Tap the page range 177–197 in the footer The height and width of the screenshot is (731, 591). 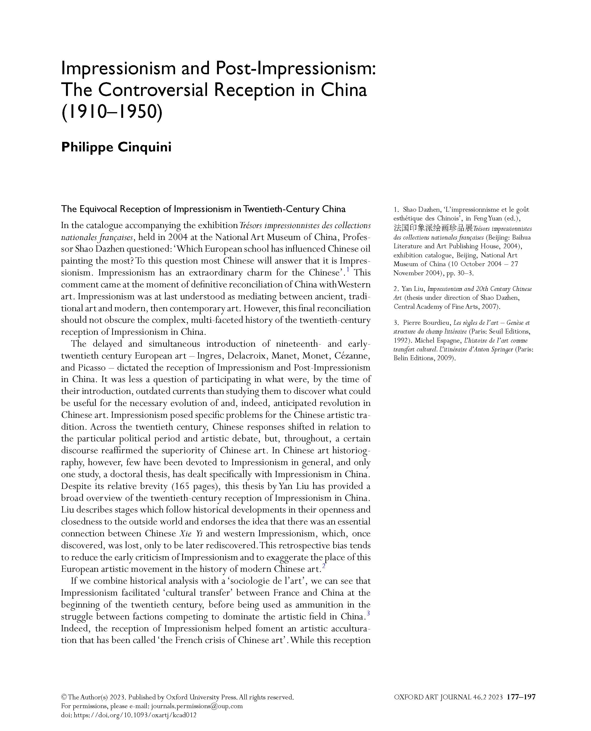(521, 697)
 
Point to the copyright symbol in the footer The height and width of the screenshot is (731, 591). (64, 697)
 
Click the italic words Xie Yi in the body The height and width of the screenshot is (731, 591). (191, 533)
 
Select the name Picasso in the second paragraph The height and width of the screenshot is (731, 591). (91, 368)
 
